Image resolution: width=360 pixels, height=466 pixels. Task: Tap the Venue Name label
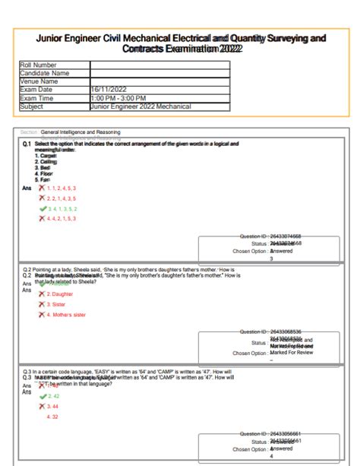[39, 81]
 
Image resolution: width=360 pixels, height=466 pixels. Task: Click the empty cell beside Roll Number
[159, 65]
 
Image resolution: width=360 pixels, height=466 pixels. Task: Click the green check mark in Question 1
[43, 208]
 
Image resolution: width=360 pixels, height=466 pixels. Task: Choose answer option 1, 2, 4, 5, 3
[62, 188]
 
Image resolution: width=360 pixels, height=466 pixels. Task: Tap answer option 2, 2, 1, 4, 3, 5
[62, 198]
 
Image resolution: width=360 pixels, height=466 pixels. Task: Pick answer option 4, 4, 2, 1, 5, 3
[62, 218]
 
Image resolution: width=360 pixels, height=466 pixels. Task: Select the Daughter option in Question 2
[60, 293]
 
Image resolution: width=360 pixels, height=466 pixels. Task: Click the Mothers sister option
[66, 314]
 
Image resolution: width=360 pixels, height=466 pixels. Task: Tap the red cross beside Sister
[43, 304]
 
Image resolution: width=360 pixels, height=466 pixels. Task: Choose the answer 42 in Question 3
[54, 396]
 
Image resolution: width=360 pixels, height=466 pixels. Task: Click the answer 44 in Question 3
[53, 407]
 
